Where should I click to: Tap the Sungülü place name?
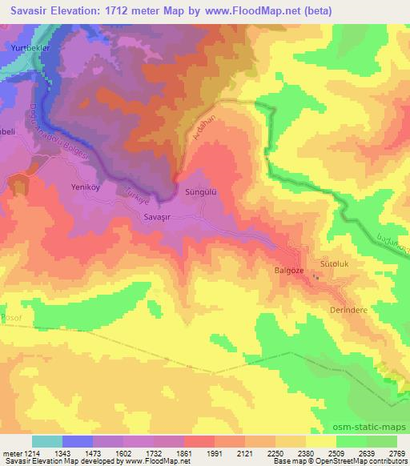(x=201, y=193)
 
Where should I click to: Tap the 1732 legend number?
(x=154, y=453)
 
